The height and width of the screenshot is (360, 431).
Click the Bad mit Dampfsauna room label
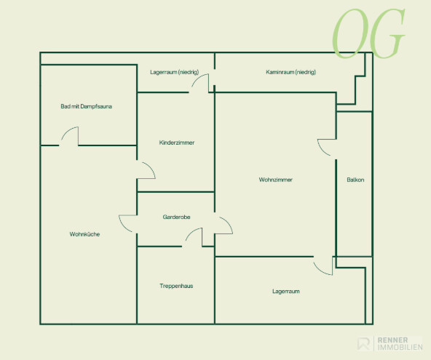pos(87,106)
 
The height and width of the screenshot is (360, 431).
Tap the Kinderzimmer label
pos(177,143)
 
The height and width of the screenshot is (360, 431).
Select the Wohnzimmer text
pos(276,180)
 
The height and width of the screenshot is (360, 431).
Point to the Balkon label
pos(355,180)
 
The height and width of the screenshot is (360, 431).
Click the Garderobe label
pos(176,217)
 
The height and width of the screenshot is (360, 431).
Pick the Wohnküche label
pos(84,234)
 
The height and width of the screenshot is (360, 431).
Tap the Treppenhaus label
pos(176,286)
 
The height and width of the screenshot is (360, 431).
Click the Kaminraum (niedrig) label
pos(290,72)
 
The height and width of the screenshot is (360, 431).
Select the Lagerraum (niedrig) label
pos(175,72)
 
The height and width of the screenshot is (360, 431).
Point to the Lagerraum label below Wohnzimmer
pos(286,291)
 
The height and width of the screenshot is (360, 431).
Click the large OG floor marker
pos(368,33)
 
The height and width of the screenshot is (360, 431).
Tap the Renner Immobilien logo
pos(390,343)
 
